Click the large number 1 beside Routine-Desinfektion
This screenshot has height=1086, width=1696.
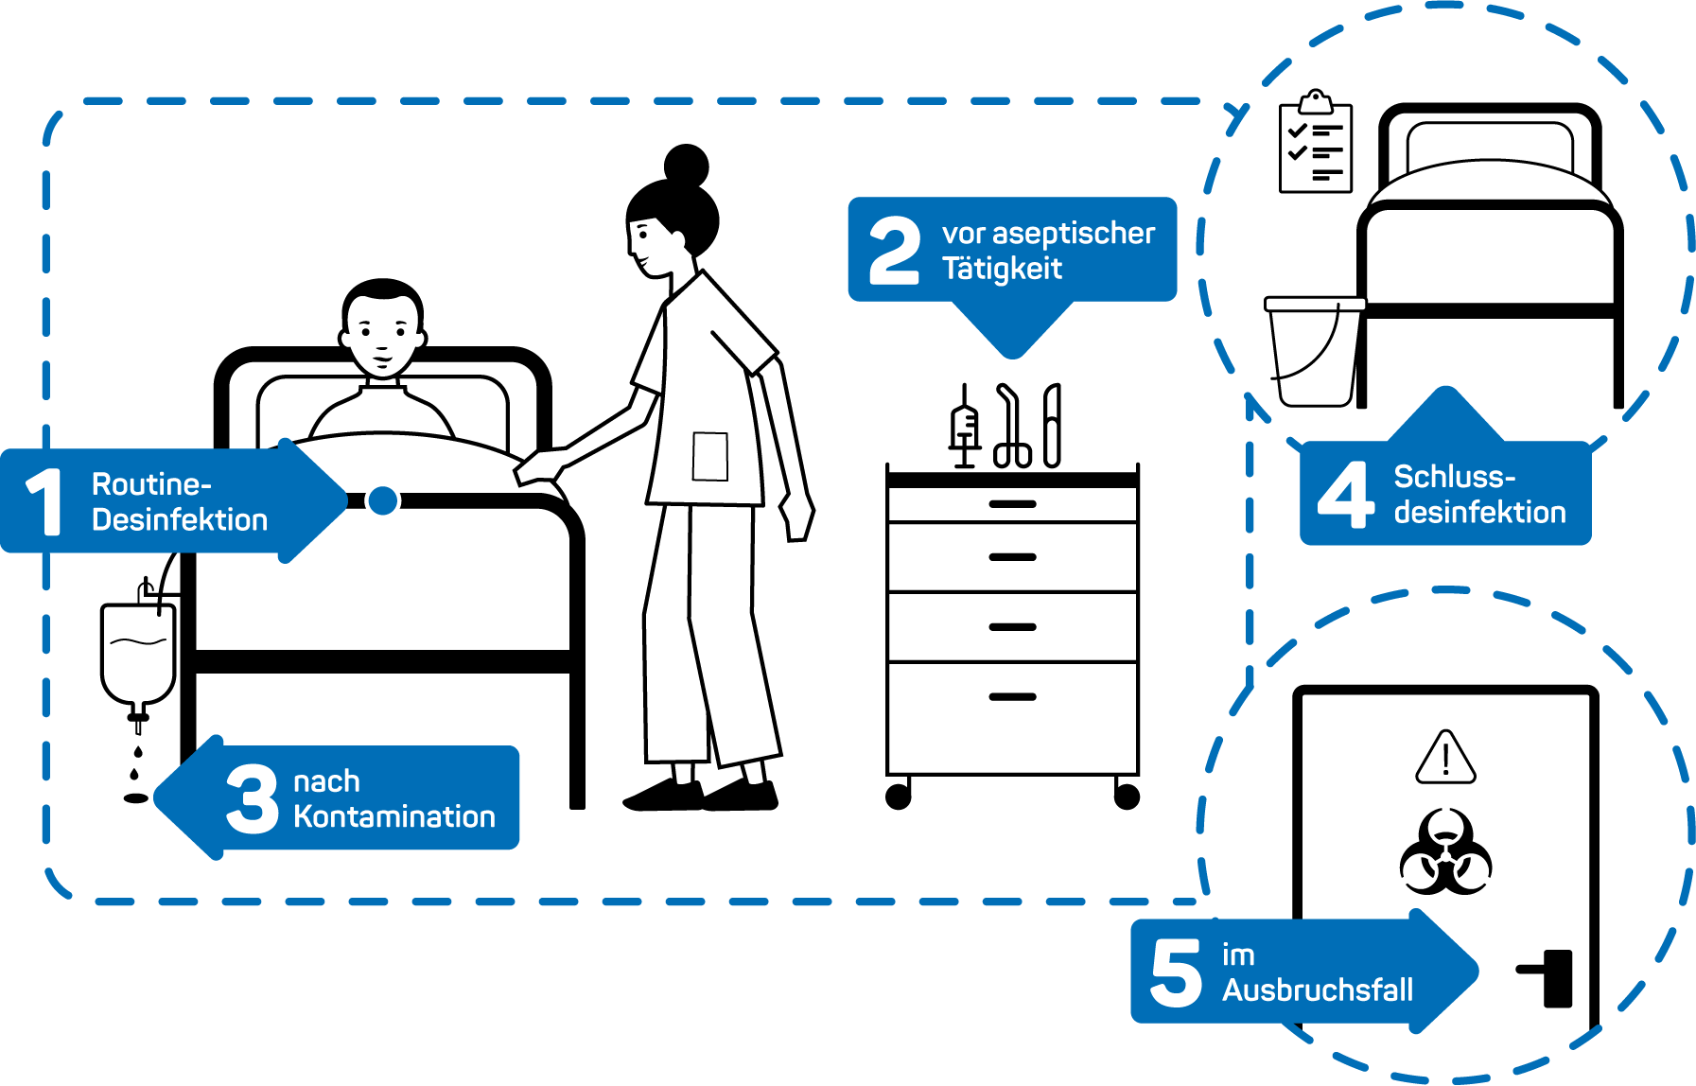click(44, 501)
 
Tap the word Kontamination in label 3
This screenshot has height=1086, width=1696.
click(393, 816)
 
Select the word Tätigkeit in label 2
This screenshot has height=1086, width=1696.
click(1002, 270)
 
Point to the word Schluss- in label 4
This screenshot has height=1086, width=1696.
click(1454, 477)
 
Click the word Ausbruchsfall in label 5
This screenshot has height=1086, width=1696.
click(1317, 990)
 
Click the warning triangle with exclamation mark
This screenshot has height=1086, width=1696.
click(1445, 759)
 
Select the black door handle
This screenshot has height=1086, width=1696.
click(1550, 976)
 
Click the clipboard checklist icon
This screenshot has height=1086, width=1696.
click(1315, 145)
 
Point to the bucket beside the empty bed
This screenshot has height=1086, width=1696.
click(1313, 352)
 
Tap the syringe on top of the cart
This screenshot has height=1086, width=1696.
click(964, 429)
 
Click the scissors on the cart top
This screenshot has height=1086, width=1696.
click(1010, 429)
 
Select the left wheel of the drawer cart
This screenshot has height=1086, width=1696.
click(898, 797)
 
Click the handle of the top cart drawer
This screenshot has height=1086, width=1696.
click(1012, 504)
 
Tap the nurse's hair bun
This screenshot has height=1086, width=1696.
click(686, 165)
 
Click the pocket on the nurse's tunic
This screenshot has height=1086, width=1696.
click(709, 456)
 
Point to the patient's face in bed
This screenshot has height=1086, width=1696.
click(381, 334)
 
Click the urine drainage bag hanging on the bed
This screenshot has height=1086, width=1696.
click(138, 653)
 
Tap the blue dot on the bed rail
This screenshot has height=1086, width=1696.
click(382, 500)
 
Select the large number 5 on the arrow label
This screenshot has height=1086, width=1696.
click(1175, 972)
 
